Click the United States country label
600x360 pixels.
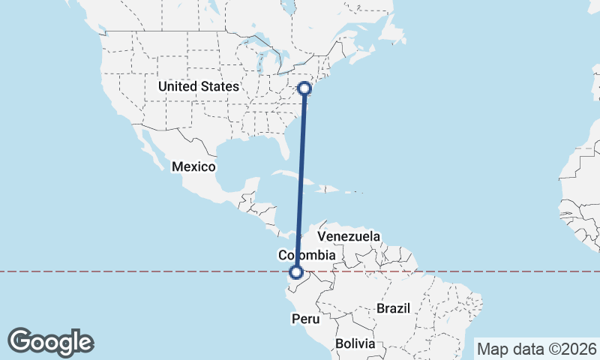tap(198, 87)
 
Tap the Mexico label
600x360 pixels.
tap(193, 166)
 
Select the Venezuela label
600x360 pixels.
tap(348, 236)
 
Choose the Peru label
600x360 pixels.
tap(306, 319)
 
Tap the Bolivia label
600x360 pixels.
tap(355, 343)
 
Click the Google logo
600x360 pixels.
tap(50, 342)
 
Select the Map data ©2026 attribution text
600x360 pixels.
tap(536, 348)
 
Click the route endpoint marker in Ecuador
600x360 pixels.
tap(297, 273)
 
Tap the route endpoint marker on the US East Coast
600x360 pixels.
tap(305, 88)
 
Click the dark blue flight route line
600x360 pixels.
tap(301, 180)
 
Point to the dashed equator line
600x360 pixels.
tap(150, 271)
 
